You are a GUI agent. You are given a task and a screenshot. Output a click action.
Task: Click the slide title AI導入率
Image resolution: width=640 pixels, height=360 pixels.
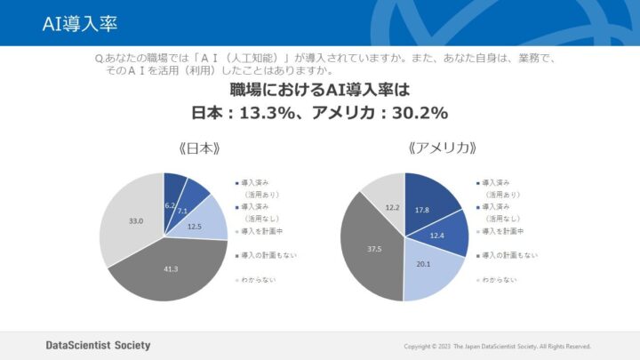coord(79,22)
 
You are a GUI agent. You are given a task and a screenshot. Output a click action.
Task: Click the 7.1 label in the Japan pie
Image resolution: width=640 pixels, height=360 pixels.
coord(182,212)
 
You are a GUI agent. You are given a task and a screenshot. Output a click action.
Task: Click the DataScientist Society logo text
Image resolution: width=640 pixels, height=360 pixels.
coord(98,345)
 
